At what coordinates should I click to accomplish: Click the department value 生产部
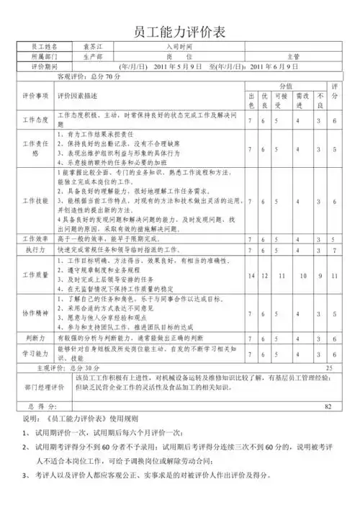[94, 55]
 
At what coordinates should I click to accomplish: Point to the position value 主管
[294, 55]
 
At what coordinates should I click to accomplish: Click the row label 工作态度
[35, 120]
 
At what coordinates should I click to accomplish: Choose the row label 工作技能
[35, 200]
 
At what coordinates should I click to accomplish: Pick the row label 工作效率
[35, 238]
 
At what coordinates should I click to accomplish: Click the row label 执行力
[35, 249]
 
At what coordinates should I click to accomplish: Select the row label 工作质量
[35, 274]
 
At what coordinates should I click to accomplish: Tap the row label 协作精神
[35, 314]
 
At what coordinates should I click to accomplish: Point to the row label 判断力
[35, 336]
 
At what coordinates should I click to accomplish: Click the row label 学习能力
[35, 353]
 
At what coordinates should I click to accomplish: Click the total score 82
[328, 406]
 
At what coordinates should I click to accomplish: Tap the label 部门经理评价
[35, 387]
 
